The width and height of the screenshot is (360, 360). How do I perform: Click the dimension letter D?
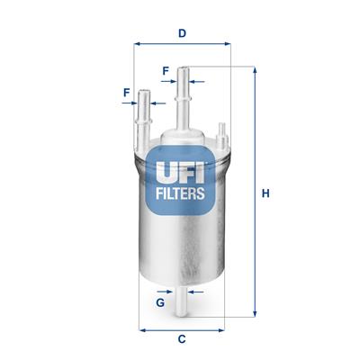point(182,34)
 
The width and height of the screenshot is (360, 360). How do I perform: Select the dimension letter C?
point(181,339)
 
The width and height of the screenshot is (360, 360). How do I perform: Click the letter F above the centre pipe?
point(166,70)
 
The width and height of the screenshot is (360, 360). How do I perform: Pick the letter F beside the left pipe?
point(126,91)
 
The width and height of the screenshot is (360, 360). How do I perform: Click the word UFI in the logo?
point(181,167)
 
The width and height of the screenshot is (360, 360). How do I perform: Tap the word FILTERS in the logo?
point(181,193)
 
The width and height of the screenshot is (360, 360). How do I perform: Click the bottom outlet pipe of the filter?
point(181,302)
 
